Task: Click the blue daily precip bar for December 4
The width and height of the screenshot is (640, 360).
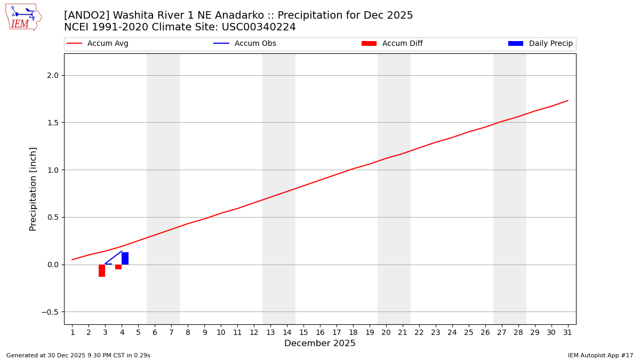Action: coord(125,258)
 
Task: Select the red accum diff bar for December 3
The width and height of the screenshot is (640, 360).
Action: coord(102,270)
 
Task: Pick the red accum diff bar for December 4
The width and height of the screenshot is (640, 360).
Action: coord(118,267)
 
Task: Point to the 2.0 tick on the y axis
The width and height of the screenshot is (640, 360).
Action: coord(52,75)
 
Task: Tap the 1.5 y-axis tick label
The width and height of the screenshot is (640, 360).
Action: coord(52,123)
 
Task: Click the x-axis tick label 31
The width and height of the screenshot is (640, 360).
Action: coord(567,333)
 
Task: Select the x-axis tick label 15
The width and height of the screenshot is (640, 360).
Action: coord(303,333)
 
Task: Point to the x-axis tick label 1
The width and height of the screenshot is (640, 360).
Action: coord(73,333)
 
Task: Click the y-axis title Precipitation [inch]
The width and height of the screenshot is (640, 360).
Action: coord(33,189)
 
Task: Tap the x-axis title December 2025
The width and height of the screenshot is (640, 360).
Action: coord(320,343)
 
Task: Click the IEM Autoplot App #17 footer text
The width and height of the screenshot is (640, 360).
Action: coord(601,355)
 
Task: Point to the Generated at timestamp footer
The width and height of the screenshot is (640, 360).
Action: coord(78,355)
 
